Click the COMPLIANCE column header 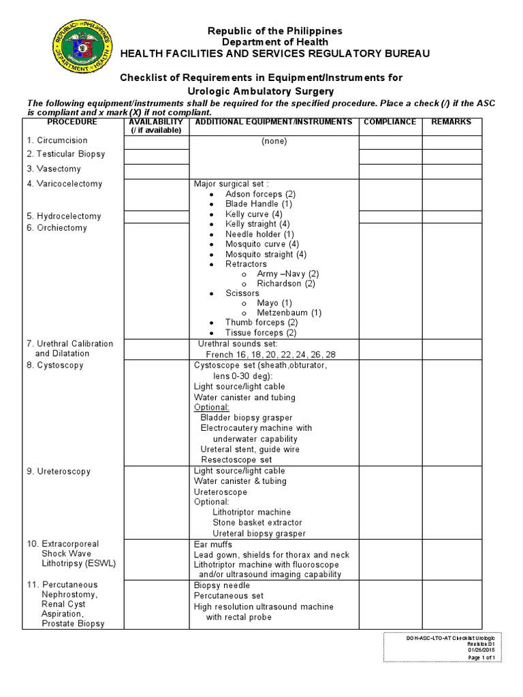click(x=390, y=122)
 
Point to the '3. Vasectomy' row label click(x=54, y=169)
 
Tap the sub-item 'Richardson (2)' click(x=286, y=283)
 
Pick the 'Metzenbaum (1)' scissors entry click(x=289, y=313)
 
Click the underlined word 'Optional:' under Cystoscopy click(x=212, y=407)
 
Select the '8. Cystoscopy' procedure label click(x=55, y=366)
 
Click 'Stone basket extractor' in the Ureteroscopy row click(x=257, y=523)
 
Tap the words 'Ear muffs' click(x=213, y=545)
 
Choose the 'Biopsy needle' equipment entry click(x=222, y=585)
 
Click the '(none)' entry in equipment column click(x=274, y=142)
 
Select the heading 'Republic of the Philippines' click(x=275, y=31)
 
